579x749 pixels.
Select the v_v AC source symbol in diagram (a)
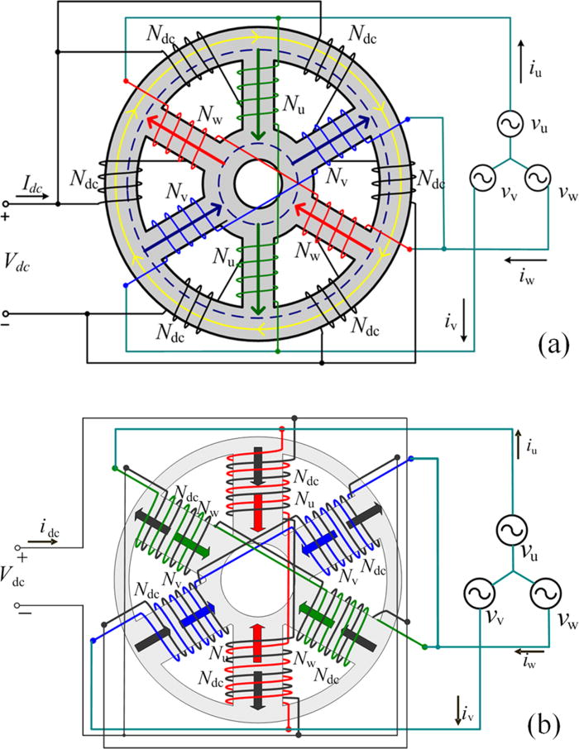[x=481, y=178]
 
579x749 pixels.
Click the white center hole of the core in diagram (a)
[x=256, y=183]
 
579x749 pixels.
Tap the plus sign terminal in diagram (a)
[x=7, y=216]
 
